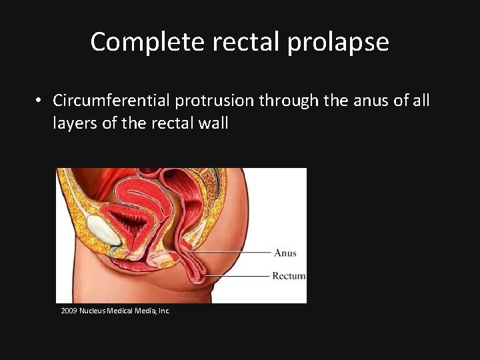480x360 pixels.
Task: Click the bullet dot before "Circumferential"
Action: (x=41, y=101)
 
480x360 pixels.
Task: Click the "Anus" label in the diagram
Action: (x=285, y=253)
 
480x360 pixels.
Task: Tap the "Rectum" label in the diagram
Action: (x=289, y=276)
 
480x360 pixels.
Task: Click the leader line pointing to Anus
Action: (x=233, y=252)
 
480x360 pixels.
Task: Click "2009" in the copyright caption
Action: (x=69, y=311)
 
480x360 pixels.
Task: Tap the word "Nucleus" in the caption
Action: (x=91, y=311)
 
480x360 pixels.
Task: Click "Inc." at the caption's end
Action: (x=164, y=311)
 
